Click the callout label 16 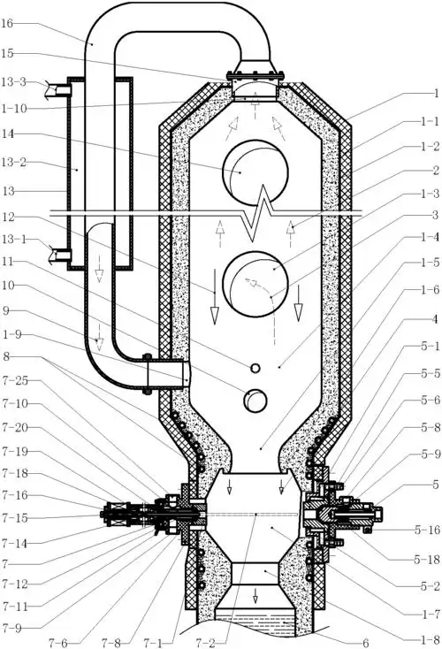pos(7,23)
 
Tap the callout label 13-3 pos(13,82)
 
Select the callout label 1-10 pos(13,109)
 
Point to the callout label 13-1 pos(13,240)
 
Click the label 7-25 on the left pos(15,381)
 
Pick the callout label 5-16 pos(427,530)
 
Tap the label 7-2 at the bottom pos(206,643)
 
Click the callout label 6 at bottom pos(365,643)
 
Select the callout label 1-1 pos(430,121)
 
